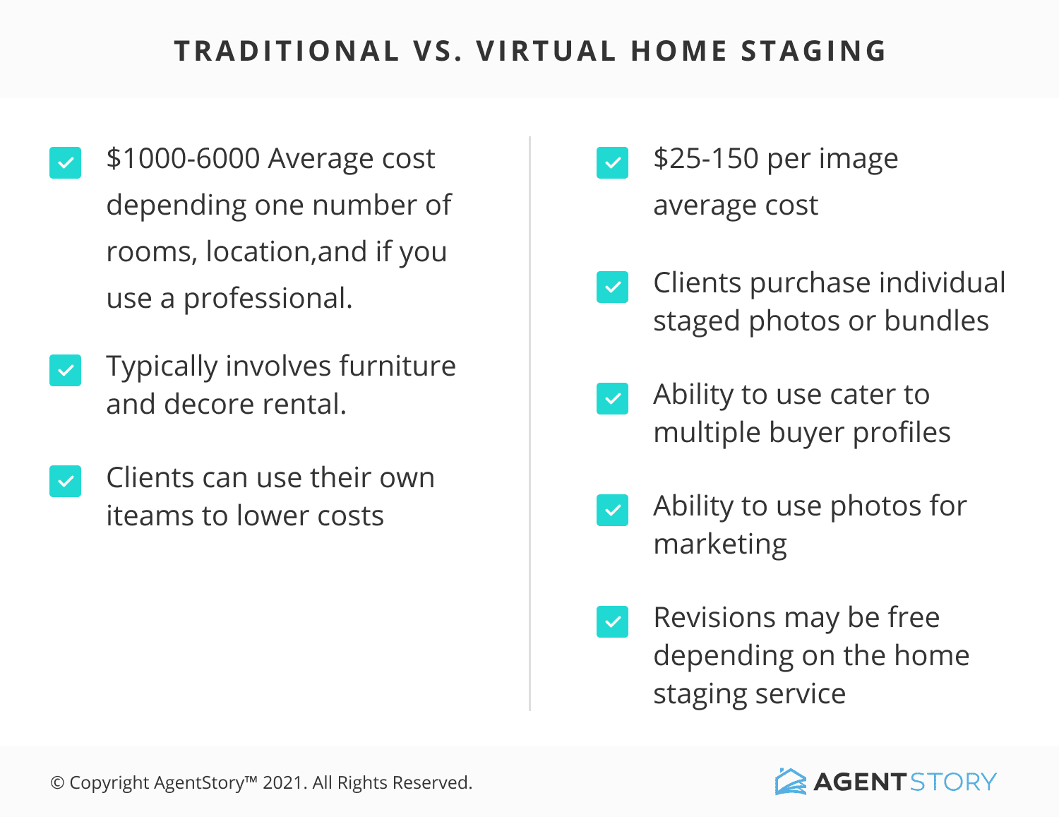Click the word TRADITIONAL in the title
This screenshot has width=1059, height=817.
click(x=287, y=51)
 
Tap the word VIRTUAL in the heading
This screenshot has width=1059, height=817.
click(x=546, y=51)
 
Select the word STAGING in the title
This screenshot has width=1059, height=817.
click(x=813, y=51)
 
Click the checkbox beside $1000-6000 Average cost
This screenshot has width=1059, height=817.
click(x=65, y=163)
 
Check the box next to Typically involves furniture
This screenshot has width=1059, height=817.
click(x=65, y=371)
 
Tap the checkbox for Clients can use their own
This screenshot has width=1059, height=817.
click(x=65, y=481)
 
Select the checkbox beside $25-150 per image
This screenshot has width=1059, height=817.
click(x=612, y=163)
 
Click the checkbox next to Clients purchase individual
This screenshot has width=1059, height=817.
click(x=612, y=287)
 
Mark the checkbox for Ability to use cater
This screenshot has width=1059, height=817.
click(x=612, y=398)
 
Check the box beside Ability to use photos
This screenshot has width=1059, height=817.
click(x=612, y=510)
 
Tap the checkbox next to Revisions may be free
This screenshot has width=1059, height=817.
click(x=612, y=621)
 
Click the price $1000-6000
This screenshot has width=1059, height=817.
click(x=184, y=158)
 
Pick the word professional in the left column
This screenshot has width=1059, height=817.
click(x=268, y=299)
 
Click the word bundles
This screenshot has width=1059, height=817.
click(x=936, y=321)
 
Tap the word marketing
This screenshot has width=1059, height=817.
click(x=720, y=544)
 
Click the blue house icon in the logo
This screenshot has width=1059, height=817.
click(x=790, y=782)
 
